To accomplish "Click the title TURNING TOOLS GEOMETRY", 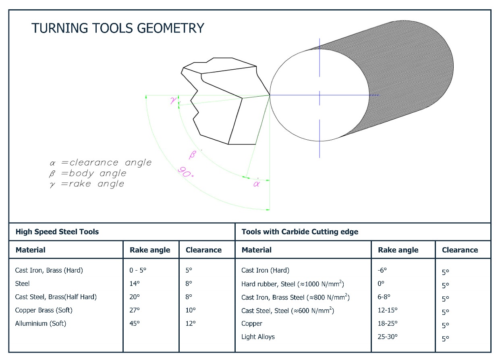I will pos(118,28).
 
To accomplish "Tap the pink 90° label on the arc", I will pos(186,172).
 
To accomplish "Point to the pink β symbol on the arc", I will pos(192,155).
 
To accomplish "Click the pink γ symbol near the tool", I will pos(173,100).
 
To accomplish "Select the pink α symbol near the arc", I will pos(256,184).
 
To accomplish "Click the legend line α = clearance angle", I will pos(100,163).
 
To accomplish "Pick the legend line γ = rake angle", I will pos(87,184).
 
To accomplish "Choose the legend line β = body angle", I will pos(87,174).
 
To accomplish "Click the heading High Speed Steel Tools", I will pos(57,232).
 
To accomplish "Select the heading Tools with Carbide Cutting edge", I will pos(300,232).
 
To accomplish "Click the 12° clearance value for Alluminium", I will pos(191,323).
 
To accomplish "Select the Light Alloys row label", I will pos(258,337).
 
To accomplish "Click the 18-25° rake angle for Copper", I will pos(388,323).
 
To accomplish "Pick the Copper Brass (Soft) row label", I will pos(44,310).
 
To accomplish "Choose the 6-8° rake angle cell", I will pos(384,297).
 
